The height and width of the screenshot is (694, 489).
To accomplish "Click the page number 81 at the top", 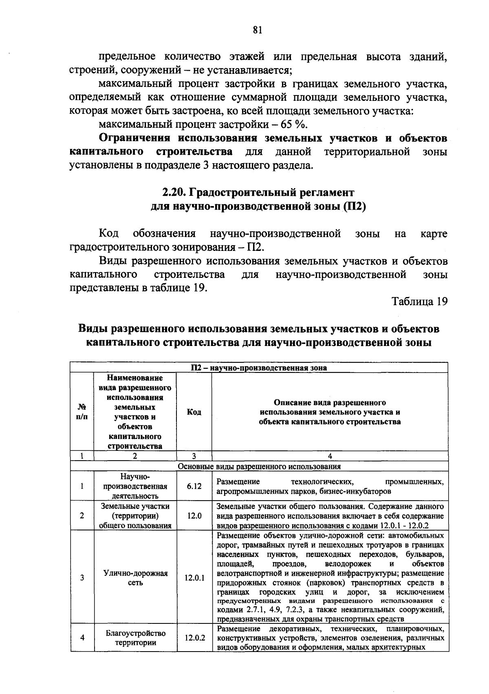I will click(x=257, y=30).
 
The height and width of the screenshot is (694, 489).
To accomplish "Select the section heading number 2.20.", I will click(x=174, y=192).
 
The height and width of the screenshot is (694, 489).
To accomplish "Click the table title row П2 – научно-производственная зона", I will click(x=259, y=367).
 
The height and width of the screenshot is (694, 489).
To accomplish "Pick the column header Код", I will click(x=194, y=412).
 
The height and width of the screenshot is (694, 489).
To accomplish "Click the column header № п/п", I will click(x=82, y=412).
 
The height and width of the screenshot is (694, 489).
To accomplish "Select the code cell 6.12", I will click(x=194, y=486).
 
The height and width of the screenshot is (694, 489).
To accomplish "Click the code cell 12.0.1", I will click(x=194, y=578).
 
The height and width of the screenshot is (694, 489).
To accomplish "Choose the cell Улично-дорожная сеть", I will click(x=135, y=578).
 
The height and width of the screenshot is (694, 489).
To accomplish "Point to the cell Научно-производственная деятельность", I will click(x=135, y=486).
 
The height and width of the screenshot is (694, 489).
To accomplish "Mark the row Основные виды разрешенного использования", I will click(x=259, y=466).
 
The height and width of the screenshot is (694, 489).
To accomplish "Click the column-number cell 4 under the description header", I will click(x=330, y=456).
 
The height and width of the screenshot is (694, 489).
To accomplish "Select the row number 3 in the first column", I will click(x=82, y=578).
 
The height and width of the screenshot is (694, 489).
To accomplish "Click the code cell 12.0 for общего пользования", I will click(x=194, y=516).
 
